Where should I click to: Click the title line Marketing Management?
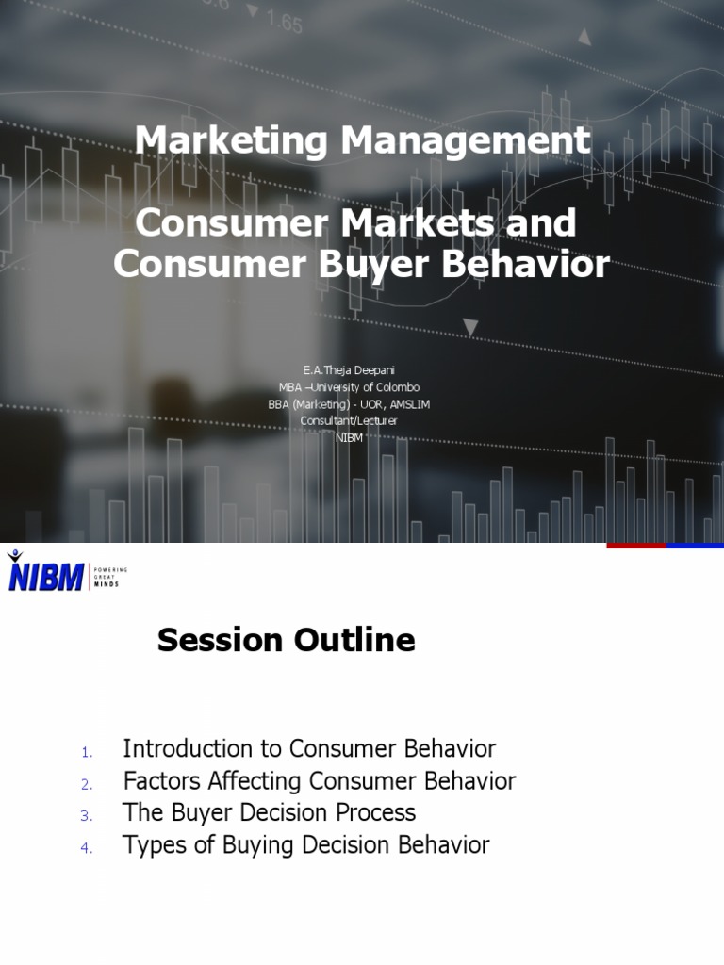pyautogui.click(x=362, y=141)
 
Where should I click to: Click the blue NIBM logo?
pyautogui.click(x=45, y=574)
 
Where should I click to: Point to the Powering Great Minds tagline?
pyautogui.click(x=109, y=577)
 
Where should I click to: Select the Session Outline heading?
pyautogui.click(x=286, y=641)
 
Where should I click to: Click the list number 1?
pyautogui.click(x=85, y=752)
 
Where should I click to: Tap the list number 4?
pyautogui.click(x=85, y=848)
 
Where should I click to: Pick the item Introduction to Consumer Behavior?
pyautogui.click(x=309, y=749)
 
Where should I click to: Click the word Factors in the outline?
pyautogui.click(x=157, y=781)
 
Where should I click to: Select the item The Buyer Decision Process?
pyautogui.click(x=269, y=812)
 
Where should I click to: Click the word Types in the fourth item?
pyautogui.click(x=154, y=845)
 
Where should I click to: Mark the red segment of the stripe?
pyautogui.click(x=636, y=546)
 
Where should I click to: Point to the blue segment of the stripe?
pyautogui.click(x=696, y=546)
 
